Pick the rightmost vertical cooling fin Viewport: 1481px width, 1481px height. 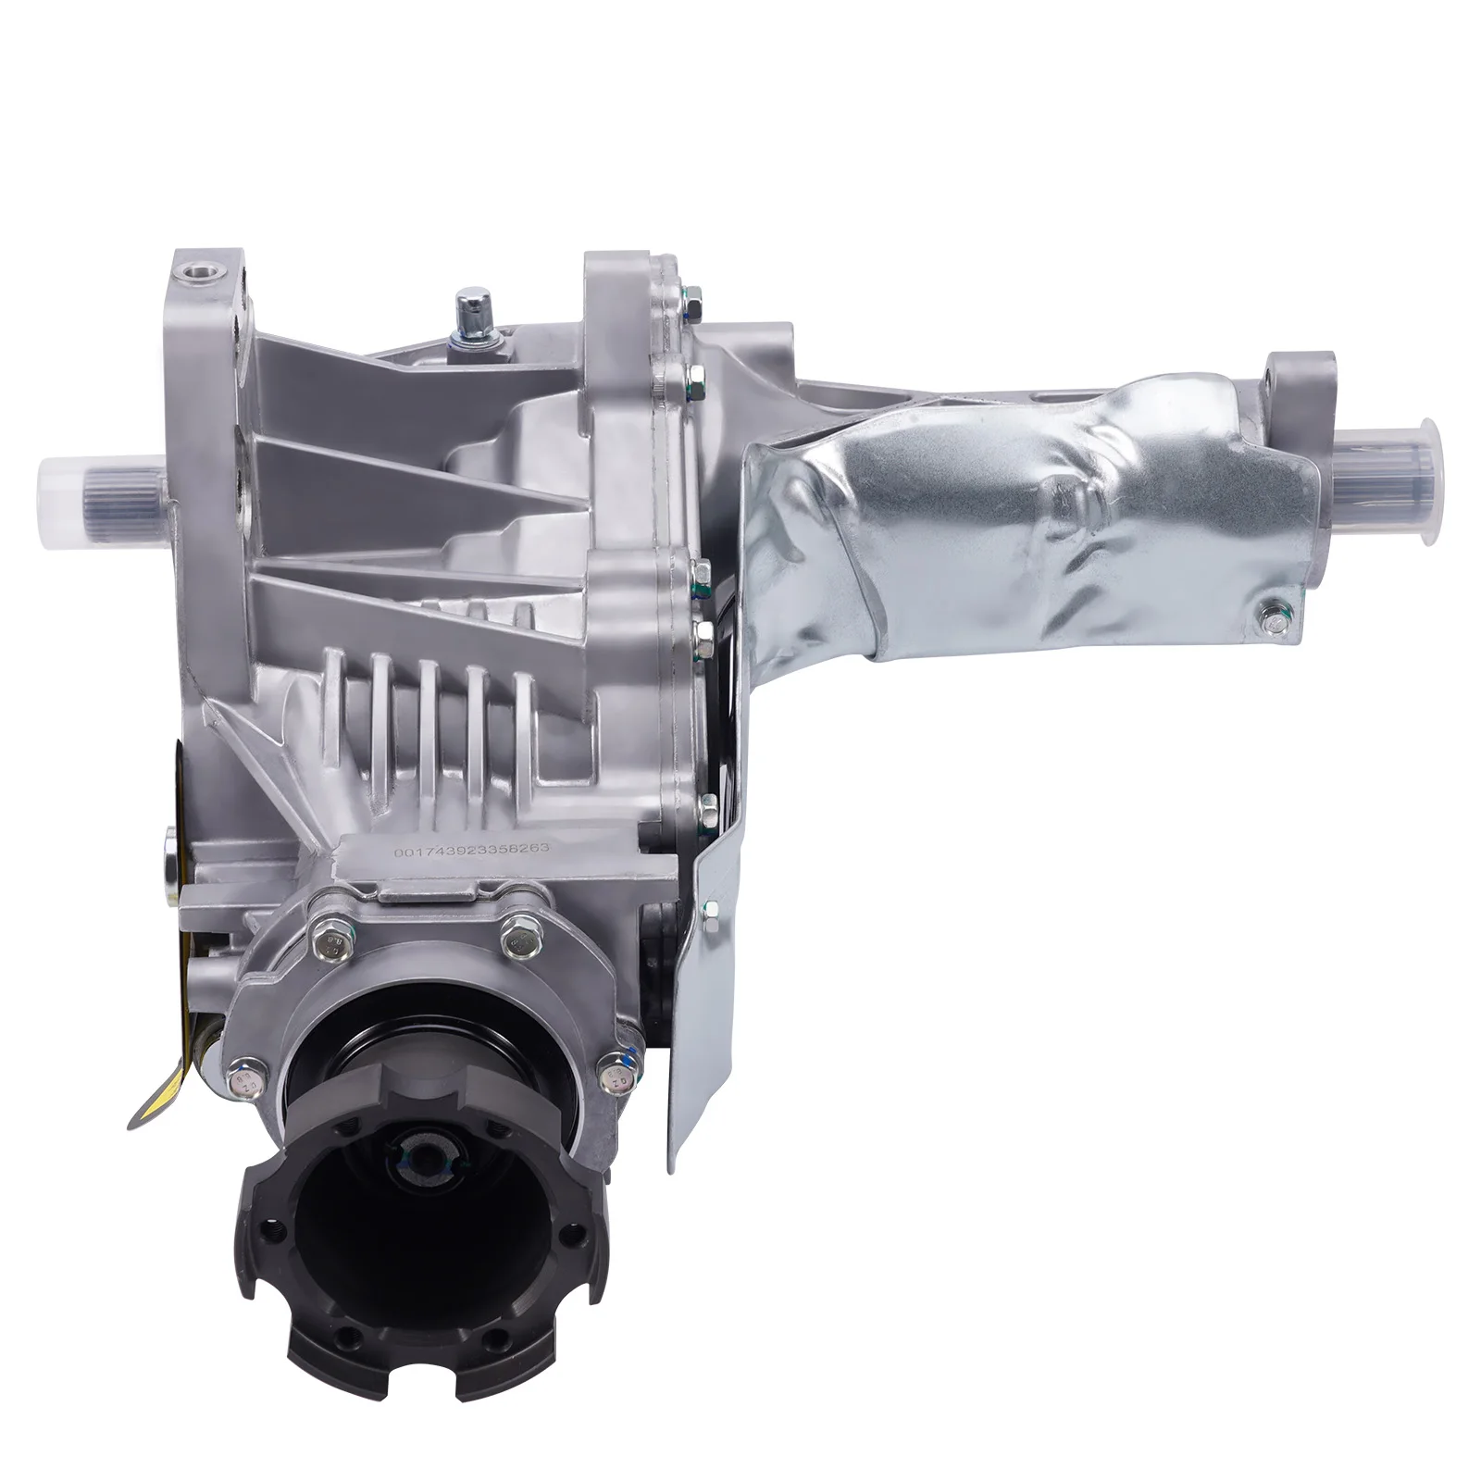tap(524, 713)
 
